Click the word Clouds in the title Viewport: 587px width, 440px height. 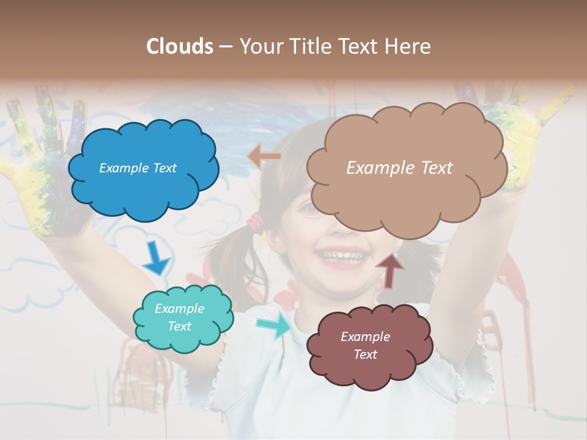click(x=179, y=46)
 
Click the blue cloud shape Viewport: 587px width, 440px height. click(x=143, y=169)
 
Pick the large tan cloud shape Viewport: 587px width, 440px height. click(x=406, y=168)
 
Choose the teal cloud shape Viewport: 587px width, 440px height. click(x=183, y=318)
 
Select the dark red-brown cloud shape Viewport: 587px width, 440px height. click(x=369, y=346)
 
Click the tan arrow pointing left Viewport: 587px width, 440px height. click(x=264, y=156)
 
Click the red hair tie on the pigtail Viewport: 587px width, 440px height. click(x=255, y=223)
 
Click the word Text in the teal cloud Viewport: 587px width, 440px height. click(x=180, y=326)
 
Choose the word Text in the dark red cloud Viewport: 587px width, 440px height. click(x=366, y=354)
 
